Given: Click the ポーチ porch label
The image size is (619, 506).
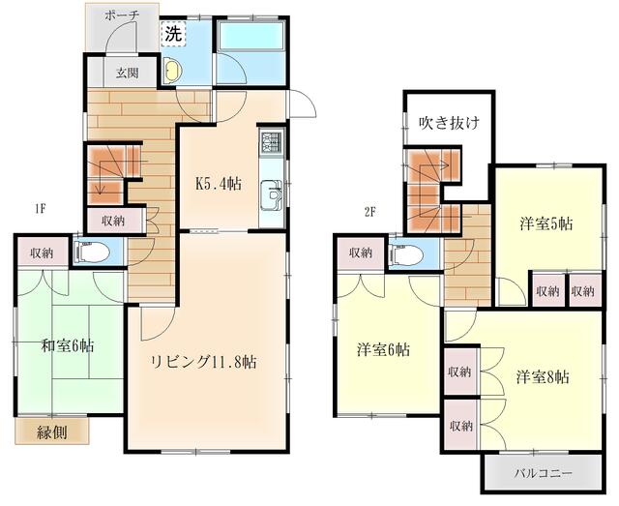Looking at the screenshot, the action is [123, 15].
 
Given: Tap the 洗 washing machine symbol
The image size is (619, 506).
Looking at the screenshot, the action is [173, 34].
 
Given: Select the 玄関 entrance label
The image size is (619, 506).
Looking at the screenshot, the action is [127, 73].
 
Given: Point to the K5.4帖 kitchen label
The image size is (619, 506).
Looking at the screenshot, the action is [219, 184].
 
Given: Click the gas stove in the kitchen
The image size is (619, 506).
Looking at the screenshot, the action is [272, 142].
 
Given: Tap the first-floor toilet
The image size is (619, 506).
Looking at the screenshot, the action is [91, 252].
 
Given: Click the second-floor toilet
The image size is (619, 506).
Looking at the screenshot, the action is [406, 254].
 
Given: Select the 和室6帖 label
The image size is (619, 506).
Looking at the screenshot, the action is [68, 346].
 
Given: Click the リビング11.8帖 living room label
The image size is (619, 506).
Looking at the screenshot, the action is [204, 362].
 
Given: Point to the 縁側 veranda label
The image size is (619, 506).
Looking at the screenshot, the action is [51, 432].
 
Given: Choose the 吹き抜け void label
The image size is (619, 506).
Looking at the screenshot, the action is [449, 123].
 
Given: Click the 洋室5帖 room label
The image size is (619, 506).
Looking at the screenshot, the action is [545, 223].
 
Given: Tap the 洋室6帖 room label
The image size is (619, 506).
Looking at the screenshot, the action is [383, 349].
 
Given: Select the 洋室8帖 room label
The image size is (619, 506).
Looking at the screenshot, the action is [543, 376].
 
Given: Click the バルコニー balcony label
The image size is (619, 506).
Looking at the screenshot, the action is [543, 473].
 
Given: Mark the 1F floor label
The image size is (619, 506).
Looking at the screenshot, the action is [41, 209].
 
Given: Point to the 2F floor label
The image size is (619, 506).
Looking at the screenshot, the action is [369, 212].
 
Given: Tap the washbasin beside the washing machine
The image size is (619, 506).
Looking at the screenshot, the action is [173, 70].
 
